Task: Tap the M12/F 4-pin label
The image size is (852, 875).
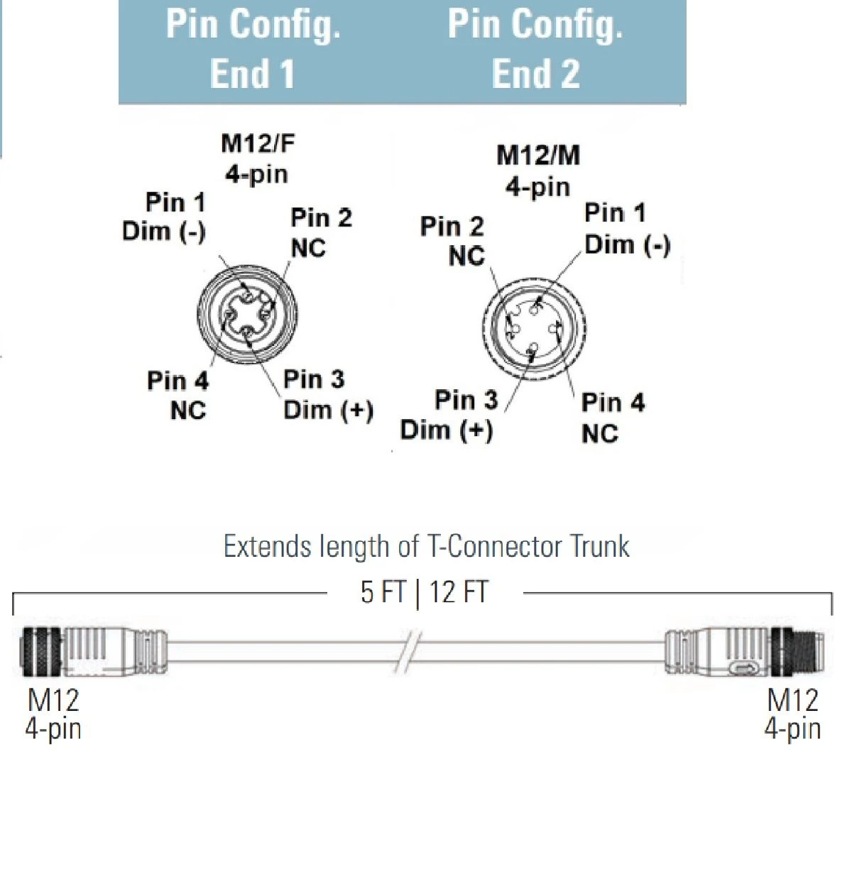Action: tap(257, 158)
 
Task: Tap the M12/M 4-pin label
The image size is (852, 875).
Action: tap(537, 170)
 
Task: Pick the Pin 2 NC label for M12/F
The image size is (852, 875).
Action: tap(320, 232)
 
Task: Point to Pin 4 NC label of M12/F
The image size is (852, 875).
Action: tap(179, 395)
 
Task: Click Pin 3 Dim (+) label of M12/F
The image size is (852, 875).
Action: tap(327, 394)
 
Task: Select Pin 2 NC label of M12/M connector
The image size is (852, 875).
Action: tap(453, 241)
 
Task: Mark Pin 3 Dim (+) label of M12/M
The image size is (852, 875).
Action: tap(449, 415)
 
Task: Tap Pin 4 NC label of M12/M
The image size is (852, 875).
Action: tap(612, 417)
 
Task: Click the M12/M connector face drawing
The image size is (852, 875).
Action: tap(534, 327)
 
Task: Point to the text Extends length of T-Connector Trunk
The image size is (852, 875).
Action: tap(426, 546)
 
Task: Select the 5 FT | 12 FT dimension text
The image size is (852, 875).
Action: tap(425, 592)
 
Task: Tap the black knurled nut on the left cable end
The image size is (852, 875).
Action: tap(38, 650)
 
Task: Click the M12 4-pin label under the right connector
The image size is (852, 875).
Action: tap(792, 714)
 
